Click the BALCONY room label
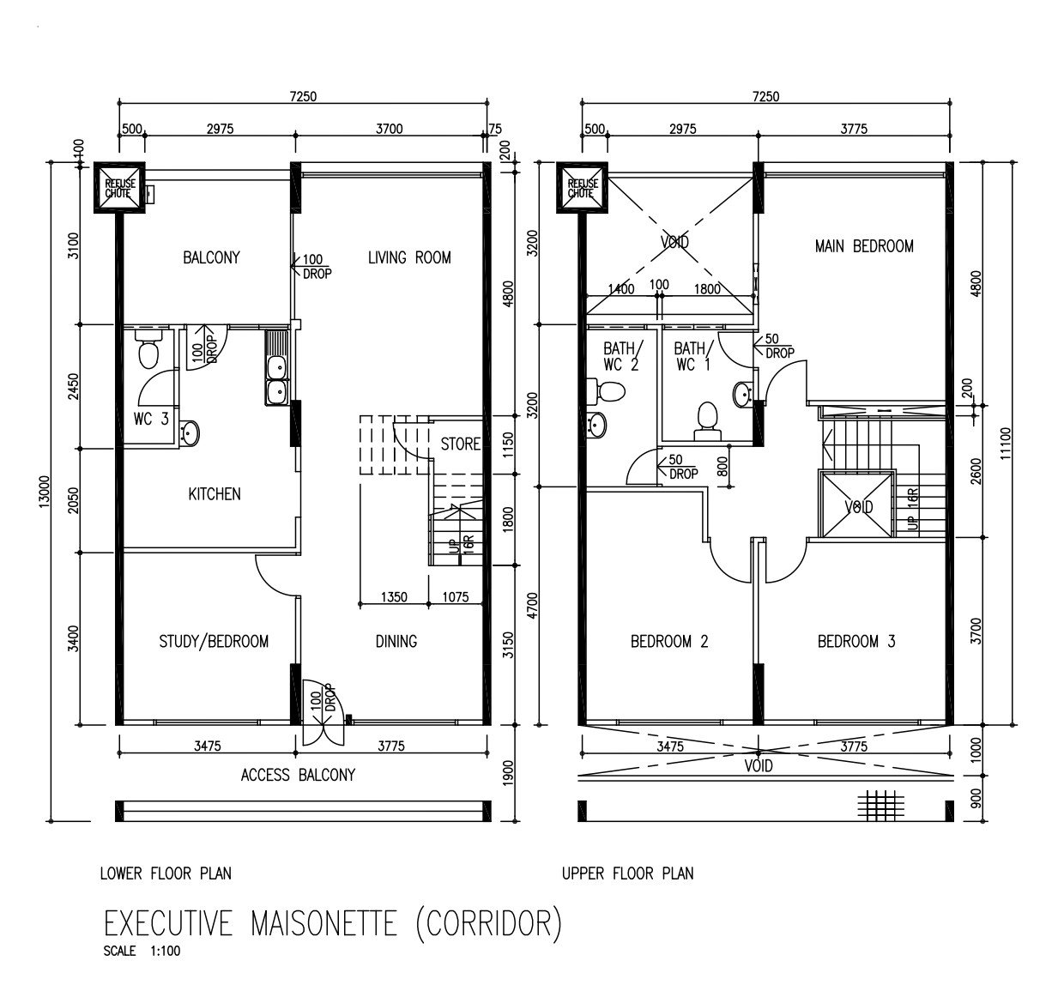(x=211, y=257)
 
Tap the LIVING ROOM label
(x=409, y=257)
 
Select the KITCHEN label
(x=215, y=493)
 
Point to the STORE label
(x=460, y=444)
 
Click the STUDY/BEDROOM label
(x=214, y=642)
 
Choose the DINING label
(x=396, y=642)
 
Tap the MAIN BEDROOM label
(x=864, y=246)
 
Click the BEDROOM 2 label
(x=669, y=642)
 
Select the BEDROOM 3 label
(x=856, y=642)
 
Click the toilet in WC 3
(x=148, y=348)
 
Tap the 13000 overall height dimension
(x=44, y=491)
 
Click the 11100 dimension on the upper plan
(x=1005, y=443)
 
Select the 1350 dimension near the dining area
(x=394, y=597)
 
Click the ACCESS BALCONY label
(x=298, y=775)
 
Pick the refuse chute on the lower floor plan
(x=119, y=188)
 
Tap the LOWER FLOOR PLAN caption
(x=166, y=873)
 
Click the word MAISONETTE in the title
(x=323, y=923)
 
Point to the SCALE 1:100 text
(x=142, y=952)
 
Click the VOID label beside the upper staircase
(x=859, y=506)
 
